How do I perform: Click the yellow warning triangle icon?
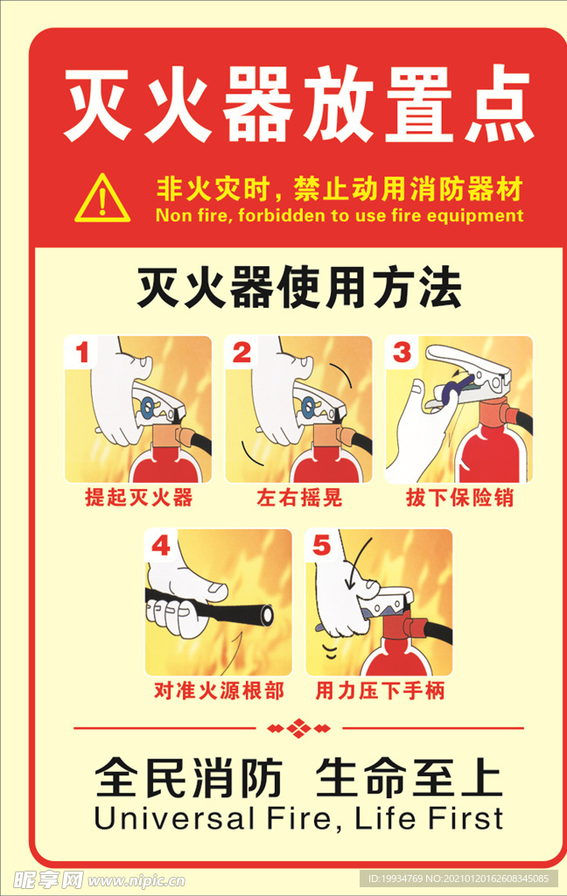pos(102,199)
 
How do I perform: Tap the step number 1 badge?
pos(83,353)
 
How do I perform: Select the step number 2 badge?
pos(242,353)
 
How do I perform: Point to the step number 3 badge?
pos(402,353)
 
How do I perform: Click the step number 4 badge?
pos(162,547)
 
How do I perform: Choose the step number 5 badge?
pos(322,547)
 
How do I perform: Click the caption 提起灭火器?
pos(138,499)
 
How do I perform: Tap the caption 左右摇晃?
pos(298,499)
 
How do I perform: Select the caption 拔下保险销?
pos(459,499)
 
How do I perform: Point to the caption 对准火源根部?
pos(219,691)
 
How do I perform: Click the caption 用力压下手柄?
pos(380,691)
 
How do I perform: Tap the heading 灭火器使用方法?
pos(298,289)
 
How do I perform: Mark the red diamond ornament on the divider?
pos(298,727)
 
